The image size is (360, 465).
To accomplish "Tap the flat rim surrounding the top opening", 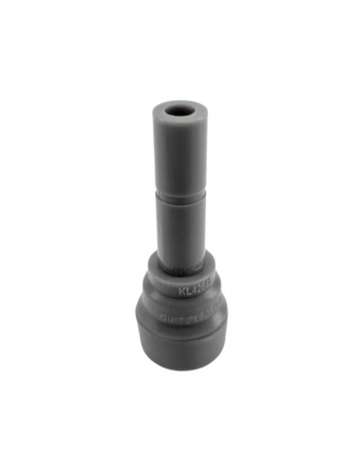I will (167, 105).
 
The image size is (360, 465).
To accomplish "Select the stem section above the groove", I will (180, 151).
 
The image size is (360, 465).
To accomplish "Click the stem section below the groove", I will (180, 222).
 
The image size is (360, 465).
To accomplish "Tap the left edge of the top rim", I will (148, 106).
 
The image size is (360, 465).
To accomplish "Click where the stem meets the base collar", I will (180, 251).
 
